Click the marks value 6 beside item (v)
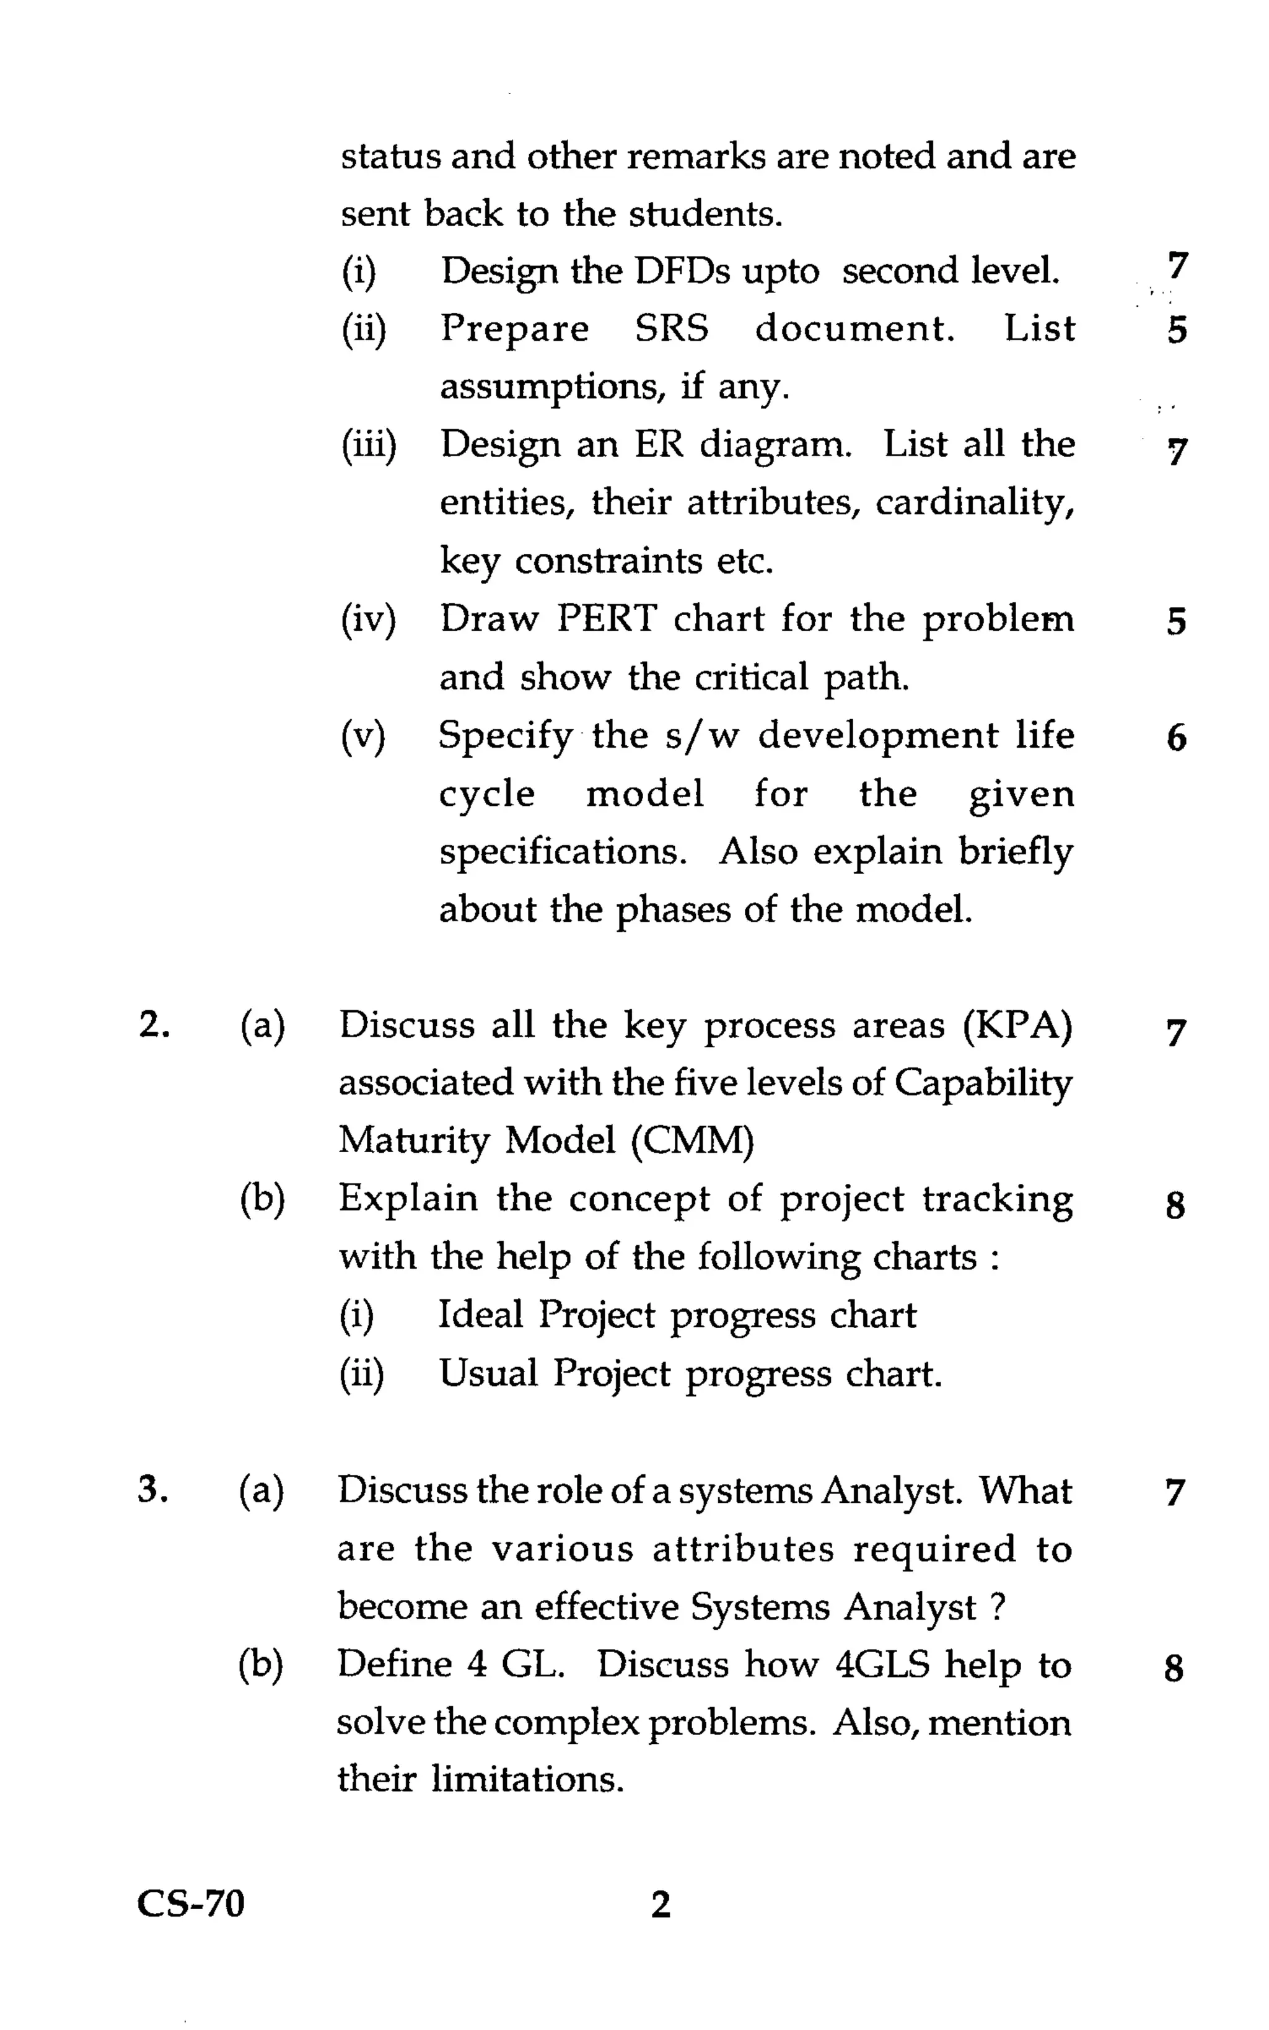coord(1177,738)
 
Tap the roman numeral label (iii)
coord(367,445)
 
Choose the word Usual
coord(488,1373)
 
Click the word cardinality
coord(975,502)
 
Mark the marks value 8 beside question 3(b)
coord(1174,1668)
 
